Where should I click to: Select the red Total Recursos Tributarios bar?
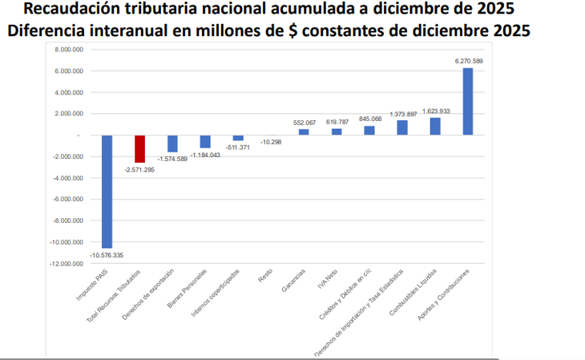(x=140, y=148)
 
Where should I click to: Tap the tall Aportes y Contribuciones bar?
(x=468, y=101)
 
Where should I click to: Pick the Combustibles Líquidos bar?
(x=435, y=127)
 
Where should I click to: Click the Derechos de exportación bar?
(x=172, y=143)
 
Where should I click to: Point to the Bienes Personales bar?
(x=205, y=141)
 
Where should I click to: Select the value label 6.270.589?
(x=469, y=61)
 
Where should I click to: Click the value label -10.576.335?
(x=107, y=255)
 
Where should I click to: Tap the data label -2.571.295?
(x=140, y=170)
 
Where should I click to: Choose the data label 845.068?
(x=370, y=119)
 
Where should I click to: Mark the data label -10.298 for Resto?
(x=271, y=142)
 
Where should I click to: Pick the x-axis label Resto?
(x=265, y=277)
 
